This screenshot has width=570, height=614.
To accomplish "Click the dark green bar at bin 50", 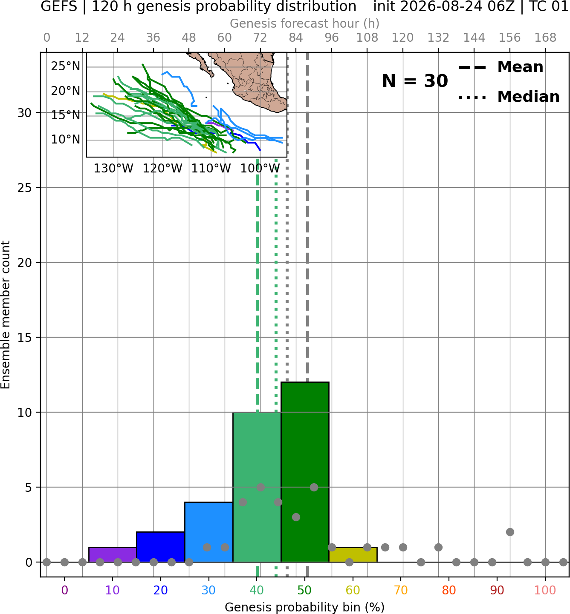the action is tap(305, 472).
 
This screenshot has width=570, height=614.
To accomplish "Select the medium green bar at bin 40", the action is tap(257, 487).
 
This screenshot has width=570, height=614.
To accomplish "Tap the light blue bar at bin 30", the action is tap(208, 532).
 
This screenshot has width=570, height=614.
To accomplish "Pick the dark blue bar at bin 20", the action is tap(161, 547).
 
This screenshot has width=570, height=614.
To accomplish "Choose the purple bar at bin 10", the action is tap(113, 555).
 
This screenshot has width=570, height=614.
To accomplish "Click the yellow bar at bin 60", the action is tap(353, 555).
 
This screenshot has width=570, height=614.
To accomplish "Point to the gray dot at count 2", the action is tap(510, 532).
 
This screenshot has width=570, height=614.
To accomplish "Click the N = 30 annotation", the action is tap(415, 81).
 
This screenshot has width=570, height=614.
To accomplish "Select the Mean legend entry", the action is tap(501, 67).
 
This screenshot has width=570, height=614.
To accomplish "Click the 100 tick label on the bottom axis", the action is tap(545, 591).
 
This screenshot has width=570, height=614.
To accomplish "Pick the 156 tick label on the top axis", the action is tap(509, 38).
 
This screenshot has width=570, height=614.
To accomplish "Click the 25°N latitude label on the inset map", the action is tap(66, 66).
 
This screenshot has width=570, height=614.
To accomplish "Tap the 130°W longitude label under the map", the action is tap(113, 169).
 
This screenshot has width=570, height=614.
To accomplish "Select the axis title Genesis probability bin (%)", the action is tap(305, 607).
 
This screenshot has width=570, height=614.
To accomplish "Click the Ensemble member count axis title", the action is tap(6, 315).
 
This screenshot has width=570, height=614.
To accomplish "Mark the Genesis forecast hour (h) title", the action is tap(305, 23).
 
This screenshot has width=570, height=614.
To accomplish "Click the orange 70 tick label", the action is tap(401, 591).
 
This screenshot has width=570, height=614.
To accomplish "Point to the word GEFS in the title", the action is tap(59, 6).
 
